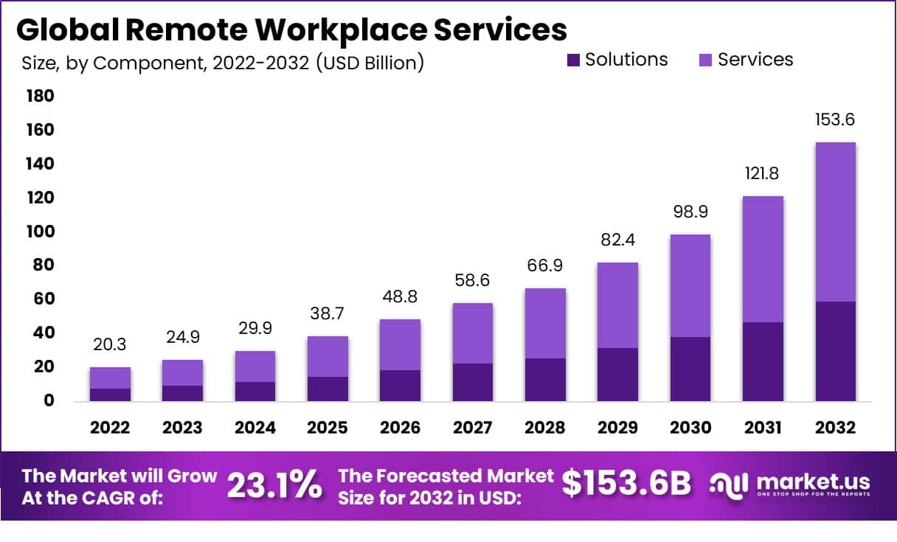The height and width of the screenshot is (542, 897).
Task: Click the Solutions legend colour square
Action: (574, 60)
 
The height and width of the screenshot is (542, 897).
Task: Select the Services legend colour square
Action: (704, 60)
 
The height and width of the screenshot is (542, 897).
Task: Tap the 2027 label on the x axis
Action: (472, 428)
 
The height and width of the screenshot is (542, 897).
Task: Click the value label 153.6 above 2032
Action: (836, 119)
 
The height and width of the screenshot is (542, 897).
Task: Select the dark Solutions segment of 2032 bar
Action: (836, 351)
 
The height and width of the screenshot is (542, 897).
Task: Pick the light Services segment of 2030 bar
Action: (690, 285)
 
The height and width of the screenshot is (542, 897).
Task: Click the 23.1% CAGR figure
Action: (274, 484)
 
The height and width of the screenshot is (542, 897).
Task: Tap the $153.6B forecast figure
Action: (626, 484)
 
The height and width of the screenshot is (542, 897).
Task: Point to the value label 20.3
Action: (111, 344)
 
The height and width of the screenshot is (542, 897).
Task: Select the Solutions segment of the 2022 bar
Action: (111, 395)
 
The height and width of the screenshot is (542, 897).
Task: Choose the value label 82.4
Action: (617, 240)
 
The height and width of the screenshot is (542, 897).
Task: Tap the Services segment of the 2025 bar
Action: (328, 356)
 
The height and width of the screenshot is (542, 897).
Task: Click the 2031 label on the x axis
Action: (763, 428)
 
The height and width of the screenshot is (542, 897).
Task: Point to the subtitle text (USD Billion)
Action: (370, 63)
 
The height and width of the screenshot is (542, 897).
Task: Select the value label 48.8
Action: (400, 296)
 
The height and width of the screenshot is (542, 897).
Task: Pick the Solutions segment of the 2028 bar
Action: (545, 380)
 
